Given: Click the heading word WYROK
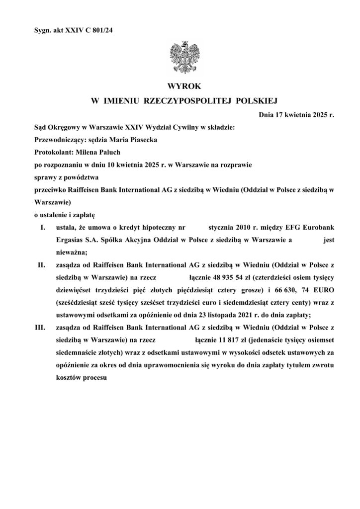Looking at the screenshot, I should click(x=180, y=86).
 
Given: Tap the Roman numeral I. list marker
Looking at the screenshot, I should click(x=43, y=227).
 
